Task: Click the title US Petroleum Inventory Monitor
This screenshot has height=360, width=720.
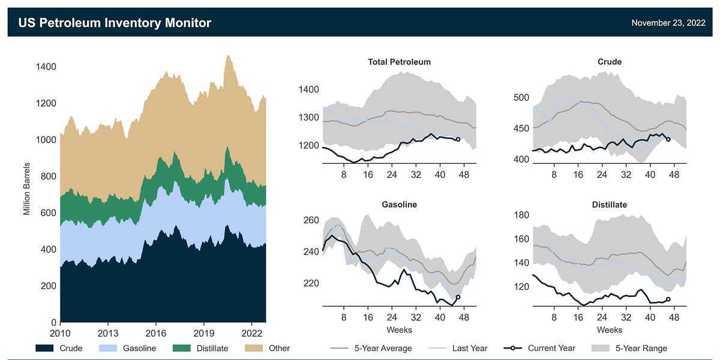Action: [x=115, y=23]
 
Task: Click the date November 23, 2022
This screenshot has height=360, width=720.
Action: [x=668, y=23]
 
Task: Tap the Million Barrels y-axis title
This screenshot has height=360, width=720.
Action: [x=26, y=188]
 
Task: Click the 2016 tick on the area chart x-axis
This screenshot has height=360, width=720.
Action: [x=156, y=333]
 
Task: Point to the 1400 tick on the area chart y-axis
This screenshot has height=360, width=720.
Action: [x=46, y=67]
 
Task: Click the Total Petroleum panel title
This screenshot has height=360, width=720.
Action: [x=399, y=62]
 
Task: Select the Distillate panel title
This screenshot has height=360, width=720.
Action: [x=610, y=205]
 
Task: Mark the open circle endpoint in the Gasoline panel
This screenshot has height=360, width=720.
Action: [x=458, y=297]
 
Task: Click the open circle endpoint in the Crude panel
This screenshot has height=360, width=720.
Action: [x=668, y=139]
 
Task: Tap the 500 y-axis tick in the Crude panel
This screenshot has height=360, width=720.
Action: [x=521, y=98]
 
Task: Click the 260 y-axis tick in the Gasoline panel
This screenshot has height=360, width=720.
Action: [x=311, y=220]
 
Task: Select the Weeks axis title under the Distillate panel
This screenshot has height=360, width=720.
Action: [x=610, y=330]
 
